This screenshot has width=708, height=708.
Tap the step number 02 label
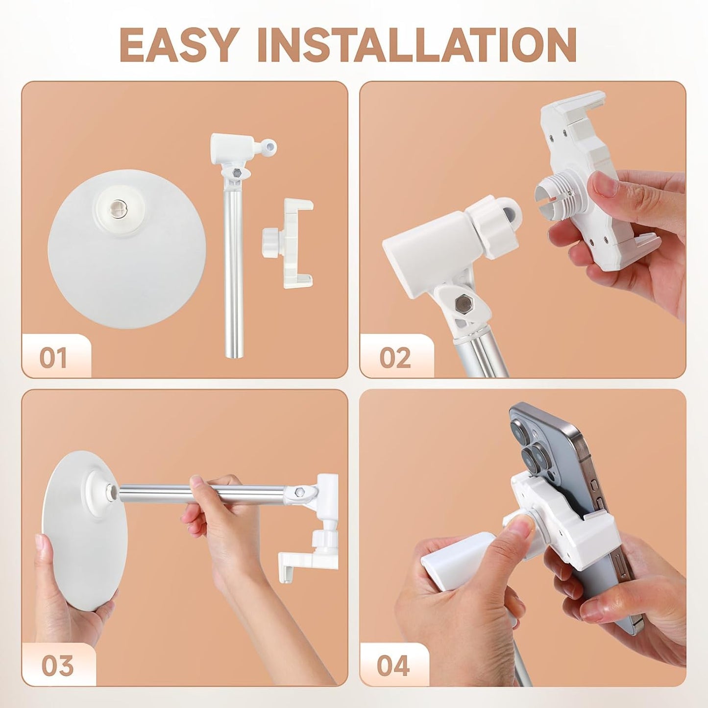395,358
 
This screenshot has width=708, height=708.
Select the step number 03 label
57,666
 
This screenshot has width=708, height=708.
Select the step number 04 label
393,666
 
